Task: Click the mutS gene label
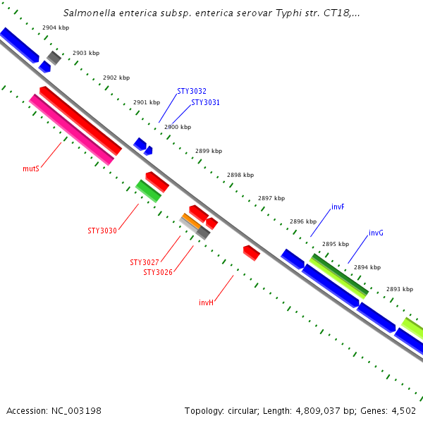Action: pos(30,169)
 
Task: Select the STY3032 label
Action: pos(192,91)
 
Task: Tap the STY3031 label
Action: pos(205,102)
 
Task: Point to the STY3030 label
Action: pos(102,231)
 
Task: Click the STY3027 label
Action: pos(145,262)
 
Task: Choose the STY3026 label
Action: pos(158,272)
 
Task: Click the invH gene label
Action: pos(206,302)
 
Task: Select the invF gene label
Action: pos(338,207)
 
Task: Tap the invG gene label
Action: pos(376,233)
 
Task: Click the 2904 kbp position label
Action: pos(56,27)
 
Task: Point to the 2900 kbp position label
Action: pos(178,128)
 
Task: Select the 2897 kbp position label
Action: pos(271,198)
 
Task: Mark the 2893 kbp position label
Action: pos(400,290)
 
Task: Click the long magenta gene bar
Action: pos(71,130)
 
